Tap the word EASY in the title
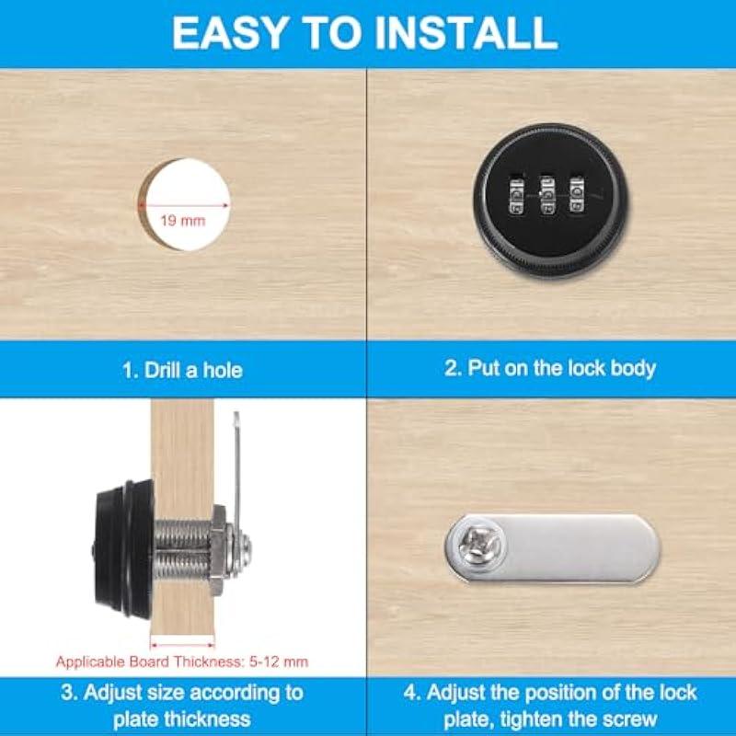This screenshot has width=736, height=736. coord(230,33)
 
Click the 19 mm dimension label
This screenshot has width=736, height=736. coord(183,221)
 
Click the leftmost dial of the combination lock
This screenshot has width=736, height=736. coord(517,196)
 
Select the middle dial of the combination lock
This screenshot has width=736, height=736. coord(546,195)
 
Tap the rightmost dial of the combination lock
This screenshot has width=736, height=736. coord(577,194)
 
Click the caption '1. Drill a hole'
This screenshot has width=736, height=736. coord(182,371)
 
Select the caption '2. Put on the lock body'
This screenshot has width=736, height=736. coord(549,369)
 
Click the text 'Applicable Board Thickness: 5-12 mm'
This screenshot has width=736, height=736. coord(182,661)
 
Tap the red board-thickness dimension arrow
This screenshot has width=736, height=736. coord(182,646)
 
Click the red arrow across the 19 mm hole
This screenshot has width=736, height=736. coord(183,205)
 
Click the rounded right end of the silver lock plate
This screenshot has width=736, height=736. coord(649,549)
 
